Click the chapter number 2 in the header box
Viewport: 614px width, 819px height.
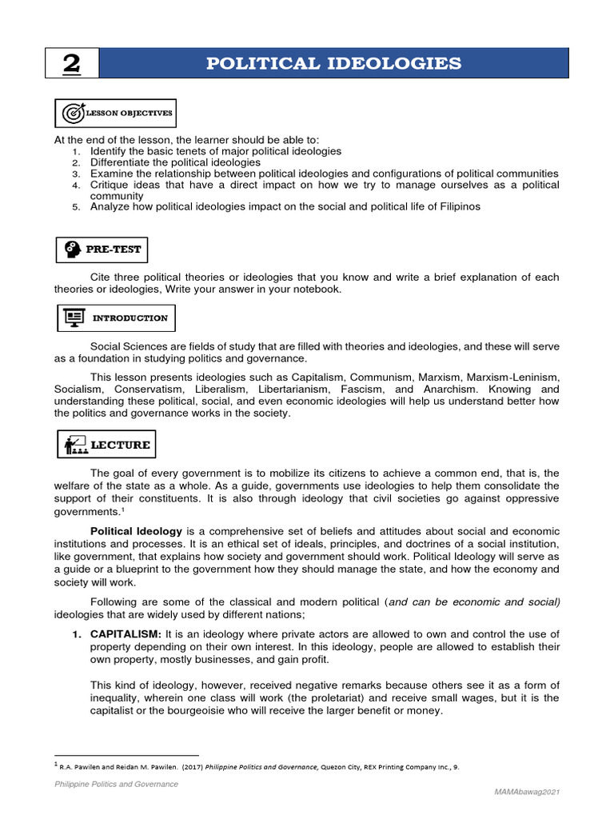pyautogui.click(x=70, y=64)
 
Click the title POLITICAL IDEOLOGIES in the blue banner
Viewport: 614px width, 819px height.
pyautogui.click(x=333, y=63)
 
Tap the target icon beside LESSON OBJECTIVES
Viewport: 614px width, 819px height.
pyautogui.click(x=72, y=114)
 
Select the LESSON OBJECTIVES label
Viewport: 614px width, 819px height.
pyautogui.click(x=128, y=114)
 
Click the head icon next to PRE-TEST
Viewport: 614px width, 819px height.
pyautogui.click(x=71, y=250)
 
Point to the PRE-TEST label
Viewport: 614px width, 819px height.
pyautogui.click(x=114, y=250)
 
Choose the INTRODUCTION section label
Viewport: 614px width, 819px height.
pyautogui.click(x=130, y=318)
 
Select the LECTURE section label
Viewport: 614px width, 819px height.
pyautogui.click(x=121, y=444)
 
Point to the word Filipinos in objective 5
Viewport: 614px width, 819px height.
pyautogui.click(x=458, y=207)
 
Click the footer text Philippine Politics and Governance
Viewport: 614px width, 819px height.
pyautogui.click(x=116, y=785)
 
